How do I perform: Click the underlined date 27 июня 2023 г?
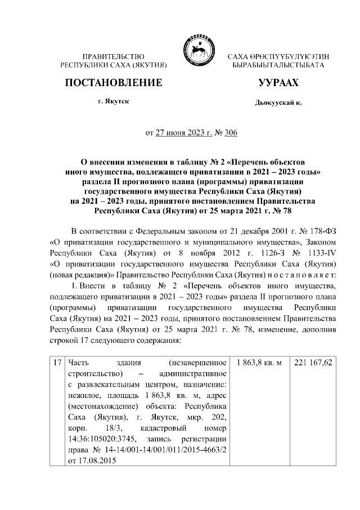pos(181,133)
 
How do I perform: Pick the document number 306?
pos(231,133)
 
